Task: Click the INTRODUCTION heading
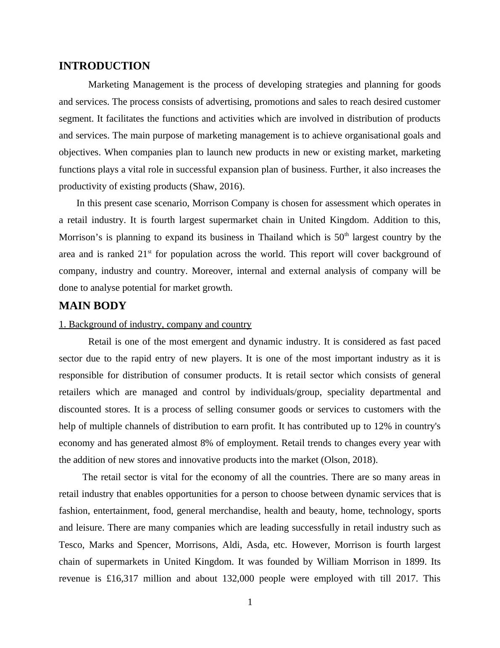(x=104, y=66)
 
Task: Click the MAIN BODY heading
(x=92, y=306)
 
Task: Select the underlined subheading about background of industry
(x=155, y=324)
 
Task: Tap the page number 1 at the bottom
(x=250, y=603)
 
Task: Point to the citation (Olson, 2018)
(x=349, y=460)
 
